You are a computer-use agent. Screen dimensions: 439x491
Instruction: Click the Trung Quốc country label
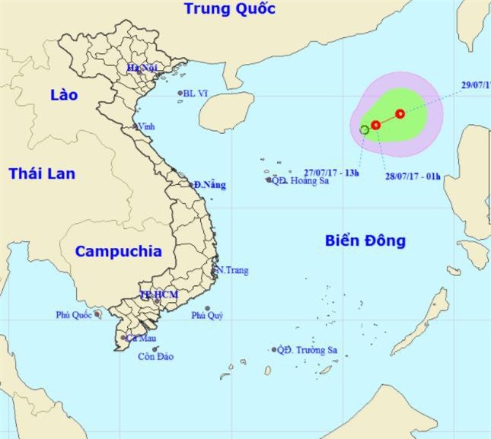click(229, 10)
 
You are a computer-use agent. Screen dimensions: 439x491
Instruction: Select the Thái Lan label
click(42, 174)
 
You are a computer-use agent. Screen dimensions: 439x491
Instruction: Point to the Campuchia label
click(118, 252)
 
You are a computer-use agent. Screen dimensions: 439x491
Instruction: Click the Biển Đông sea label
click(365, 241)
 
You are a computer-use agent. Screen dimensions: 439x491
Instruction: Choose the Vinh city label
click(144, 128)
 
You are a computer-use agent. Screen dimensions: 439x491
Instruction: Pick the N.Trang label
click(232, 270)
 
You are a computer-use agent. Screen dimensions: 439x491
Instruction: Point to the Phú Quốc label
click(72, 314)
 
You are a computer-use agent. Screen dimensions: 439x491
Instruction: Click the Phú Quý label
click(207, 316)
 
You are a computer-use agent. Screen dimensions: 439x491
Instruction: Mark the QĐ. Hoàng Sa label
click(300, 181)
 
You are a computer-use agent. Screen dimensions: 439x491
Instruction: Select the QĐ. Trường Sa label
click(308, 350)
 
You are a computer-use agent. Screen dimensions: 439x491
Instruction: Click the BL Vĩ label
click(196, 94)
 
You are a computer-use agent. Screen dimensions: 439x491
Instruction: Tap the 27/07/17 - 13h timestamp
click(331, 172)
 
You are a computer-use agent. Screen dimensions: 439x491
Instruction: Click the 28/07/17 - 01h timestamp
click(413, 177)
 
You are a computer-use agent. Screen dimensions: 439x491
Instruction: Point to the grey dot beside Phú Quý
click(207, 308)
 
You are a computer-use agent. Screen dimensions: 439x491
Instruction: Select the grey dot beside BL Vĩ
click(180, 94)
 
